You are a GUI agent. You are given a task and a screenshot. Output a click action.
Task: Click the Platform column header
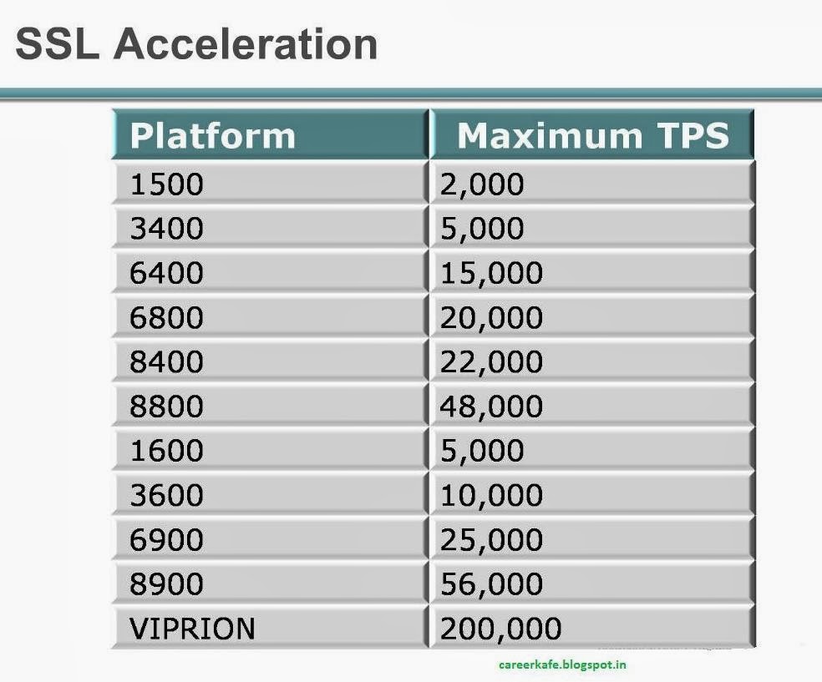click(212, 135)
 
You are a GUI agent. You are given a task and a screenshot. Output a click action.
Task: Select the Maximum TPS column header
click(593, 135)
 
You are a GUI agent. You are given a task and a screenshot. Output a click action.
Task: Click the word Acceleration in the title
click(246, 43)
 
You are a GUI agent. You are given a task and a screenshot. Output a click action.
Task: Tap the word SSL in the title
click(57, 43)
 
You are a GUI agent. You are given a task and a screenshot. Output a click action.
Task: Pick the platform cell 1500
click(166, 184)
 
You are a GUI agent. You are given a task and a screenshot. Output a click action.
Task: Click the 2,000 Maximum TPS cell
click(482, 184)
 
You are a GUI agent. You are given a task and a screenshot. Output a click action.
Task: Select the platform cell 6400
click(166, 273)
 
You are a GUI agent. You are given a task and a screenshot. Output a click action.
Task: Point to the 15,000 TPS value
click(491, 273)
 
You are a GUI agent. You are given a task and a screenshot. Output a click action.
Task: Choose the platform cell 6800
click(166, 317)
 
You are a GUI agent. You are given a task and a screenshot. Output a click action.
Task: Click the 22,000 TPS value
click(491, 361)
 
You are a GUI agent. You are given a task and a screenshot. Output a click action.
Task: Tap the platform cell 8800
click(166, 407)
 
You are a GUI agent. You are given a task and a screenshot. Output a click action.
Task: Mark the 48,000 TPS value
click(491, 407)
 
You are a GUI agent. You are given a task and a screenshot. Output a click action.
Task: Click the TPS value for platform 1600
click(482, 451)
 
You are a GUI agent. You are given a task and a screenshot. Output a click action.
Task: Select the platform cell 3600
click(166, 495)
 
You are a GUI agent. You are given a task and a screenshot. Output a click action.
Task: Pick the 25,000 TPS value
click(491, 540)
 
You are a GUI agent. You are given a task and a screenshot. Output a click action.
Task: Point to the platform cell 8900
click(166, 584)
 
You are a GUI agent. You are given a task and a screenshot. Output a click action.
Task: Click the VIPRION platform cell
click(192, 629)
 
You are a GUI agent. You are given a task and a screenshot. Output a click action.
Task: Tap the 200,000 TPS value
click(500, 629)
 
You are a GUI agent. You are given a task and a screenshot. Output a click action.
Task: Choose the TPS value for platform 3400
click(482, 228)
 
